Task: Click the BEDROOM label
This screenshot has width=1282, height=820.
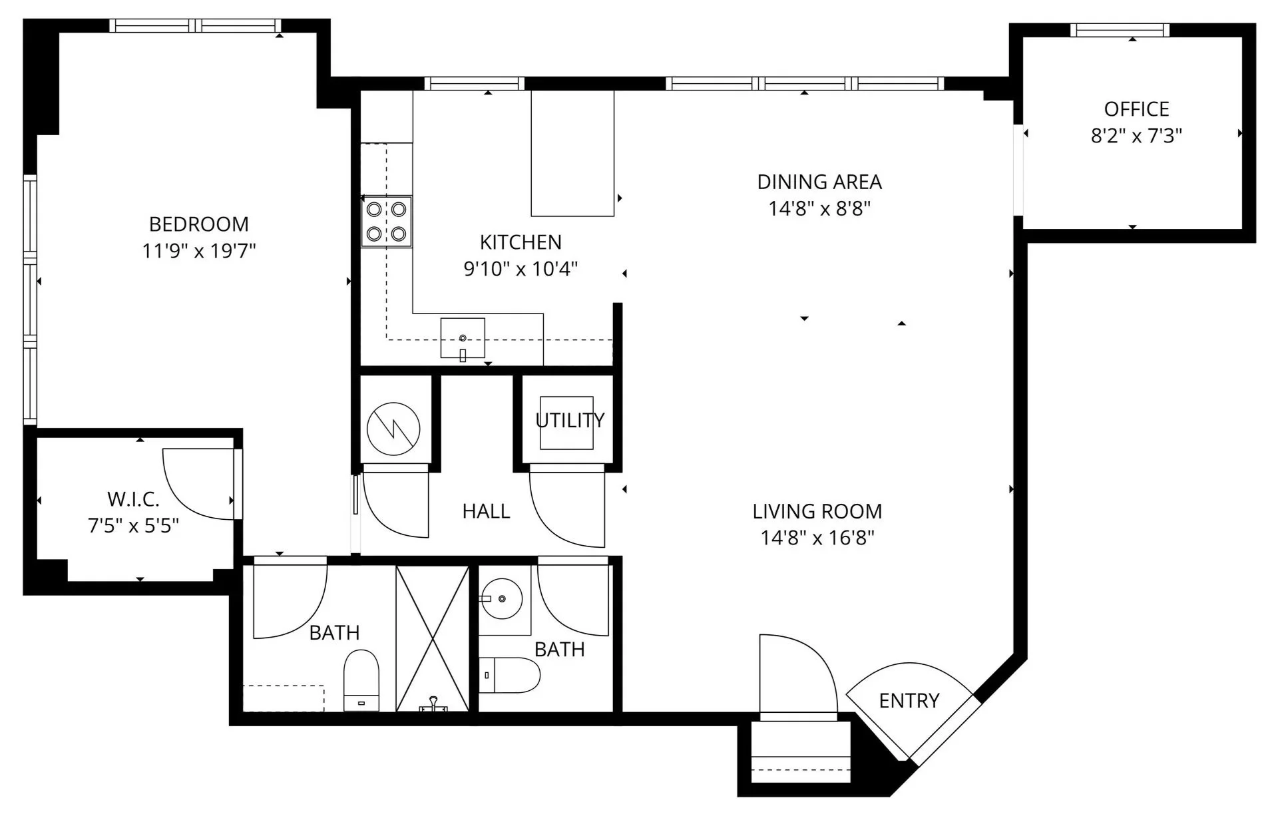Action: point(198,224)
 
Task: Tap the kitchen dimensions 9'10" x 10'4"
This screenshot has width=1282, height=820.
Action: point(521,269)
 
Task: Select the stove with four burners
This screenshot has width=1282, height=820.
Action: point(386,222)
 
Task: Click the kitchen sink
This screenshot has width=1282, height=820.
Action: point(463,338)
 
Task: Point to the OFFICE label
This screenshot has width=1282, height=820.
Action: point(1136,108)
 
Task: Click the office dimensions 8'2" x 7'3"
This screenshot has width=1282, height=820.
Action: point(1136,136)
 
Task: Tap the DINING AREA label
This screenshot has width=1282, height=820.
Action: point(819,182)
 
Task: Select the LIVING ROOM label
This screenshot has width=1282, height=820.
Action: point(817,511)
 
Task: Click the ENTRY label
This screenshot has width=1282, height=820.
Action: point(909,700)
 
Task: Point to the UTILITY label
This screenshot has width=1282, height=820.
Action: point(570,420)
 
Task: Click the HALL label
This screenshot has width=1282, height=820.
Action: point(486,511)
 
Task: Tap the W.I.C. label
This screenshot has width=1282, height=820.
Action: point(133,499)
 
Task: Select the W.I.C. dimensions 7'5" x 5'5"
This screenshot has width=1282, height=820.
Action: point(133,526)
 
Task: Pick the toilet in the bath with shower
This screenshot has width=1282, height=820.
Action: point(361,680)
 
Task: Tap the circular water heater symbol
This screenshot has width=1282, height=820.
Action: point(393,429)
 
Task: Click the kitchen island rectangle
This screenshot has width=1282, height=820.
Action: point(572,154)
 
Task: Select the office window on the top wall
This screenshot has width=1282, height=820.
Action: point(1120,30)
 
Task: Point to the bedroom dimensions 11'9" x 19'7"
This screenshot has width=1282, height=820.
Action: point(198,251)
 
